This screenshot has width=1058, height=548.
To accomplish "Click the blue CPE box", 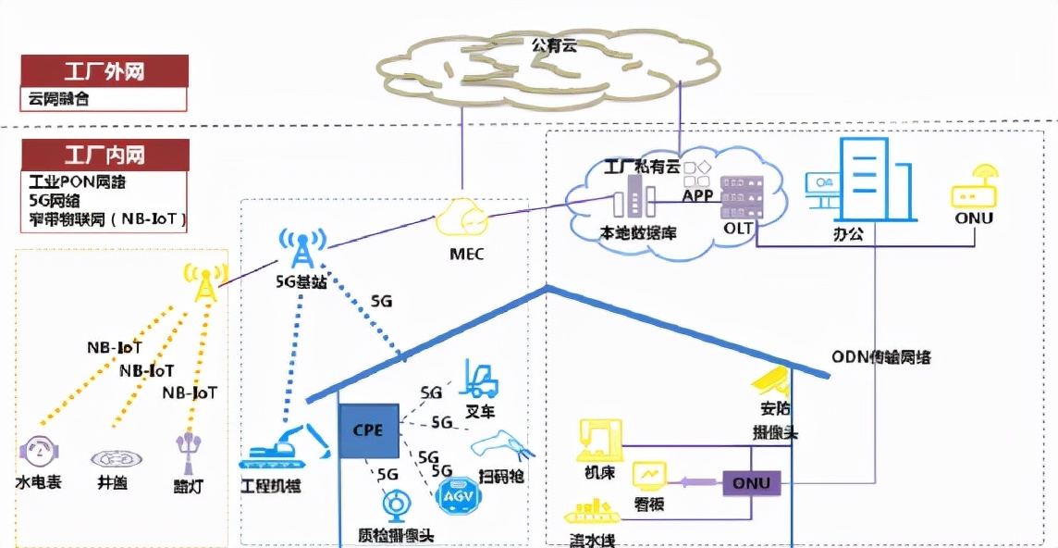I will point(368,431).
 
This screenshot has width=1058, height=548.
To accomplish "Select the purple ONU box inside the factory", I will point(751,482).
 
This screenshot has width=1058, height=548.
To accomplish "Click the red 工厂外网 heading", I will point(105,71).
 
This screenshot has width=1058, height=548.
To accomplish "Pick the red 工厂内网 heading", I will point(105,155).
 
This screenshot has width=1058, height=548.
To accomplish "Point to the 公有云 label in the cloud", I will point(554,44).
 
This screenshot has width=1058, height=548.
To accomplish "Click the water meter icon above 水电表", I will point(39,453).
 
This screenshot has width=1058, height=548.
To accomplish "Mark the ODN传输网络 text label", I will point(880,357).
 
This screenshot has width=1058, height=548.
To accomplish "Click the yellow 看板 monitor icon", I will point(650,476).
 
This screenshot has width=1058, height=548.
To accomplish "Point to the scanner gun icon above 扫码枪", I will point(500,449).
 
